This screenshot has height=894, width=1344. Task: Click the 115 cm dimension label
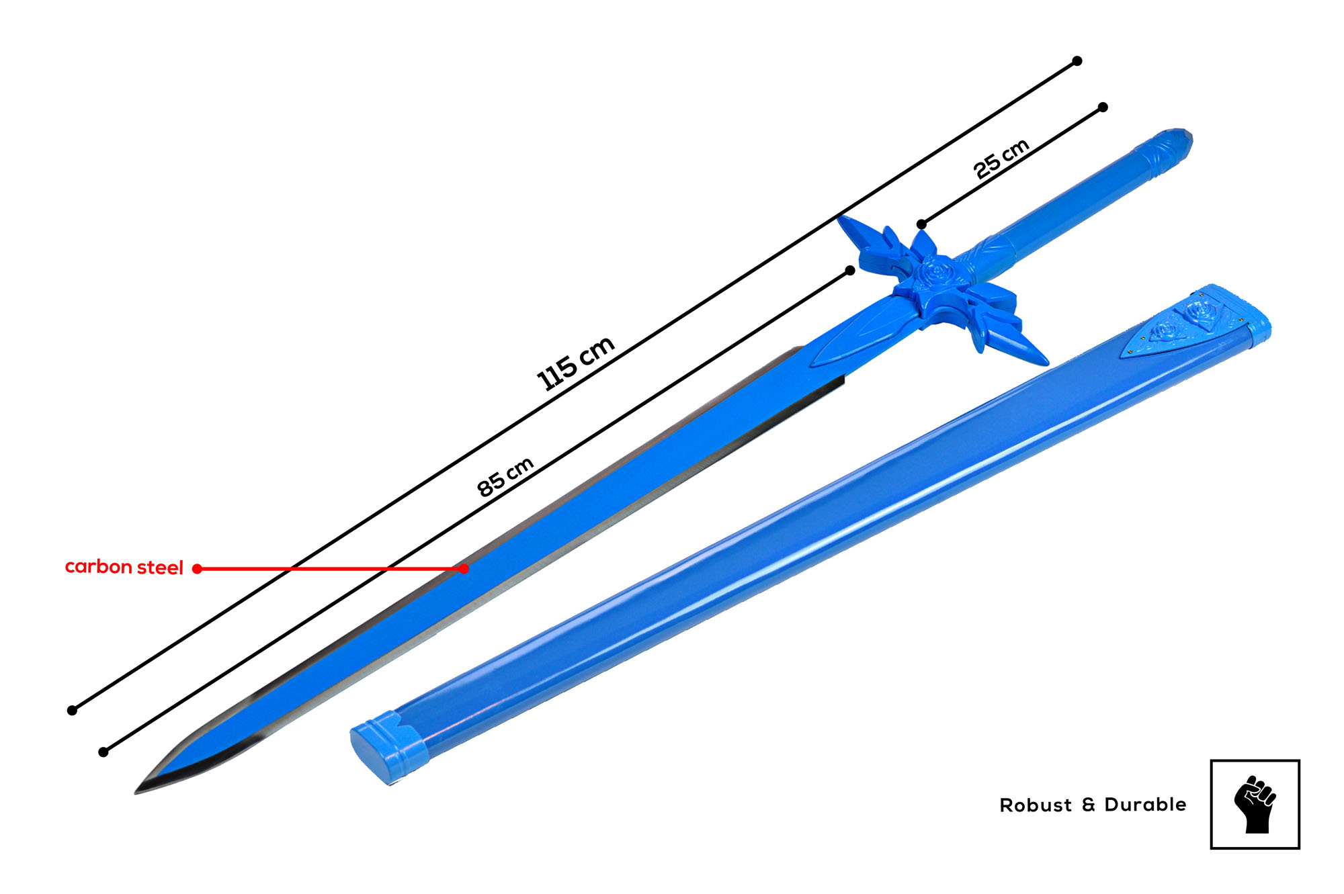(576, 363)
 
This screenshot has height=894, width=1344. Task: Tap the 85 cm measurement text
(505, 477)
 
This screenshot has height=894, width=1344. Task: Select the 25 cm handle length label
(1001, 159)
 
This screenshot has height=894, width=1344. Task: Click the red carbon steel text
(124, 568)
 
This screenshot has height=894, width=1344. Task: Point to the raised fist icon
(1255, 805)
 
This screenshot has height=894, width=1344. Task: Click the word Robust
(1036, 805)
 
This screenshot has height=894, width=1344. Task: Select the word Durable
(1145, 805)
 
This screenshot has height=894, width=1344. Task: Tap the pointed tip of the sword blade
(136, 793)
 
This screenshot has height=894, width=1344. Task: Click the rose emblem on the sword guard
(935, 272)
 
